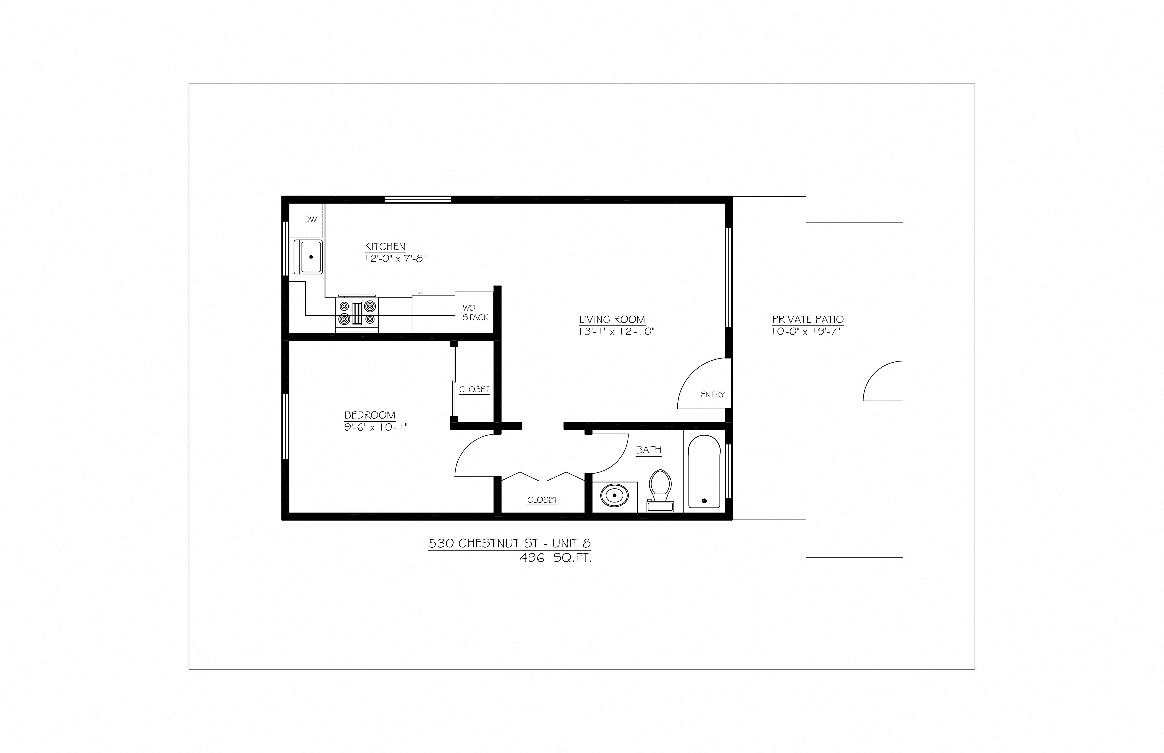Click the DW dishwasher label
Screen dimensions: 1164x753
311,220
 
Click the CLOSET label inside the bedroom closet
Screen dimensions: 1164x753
474,390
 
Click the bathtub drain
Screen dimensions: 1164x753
704,501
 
